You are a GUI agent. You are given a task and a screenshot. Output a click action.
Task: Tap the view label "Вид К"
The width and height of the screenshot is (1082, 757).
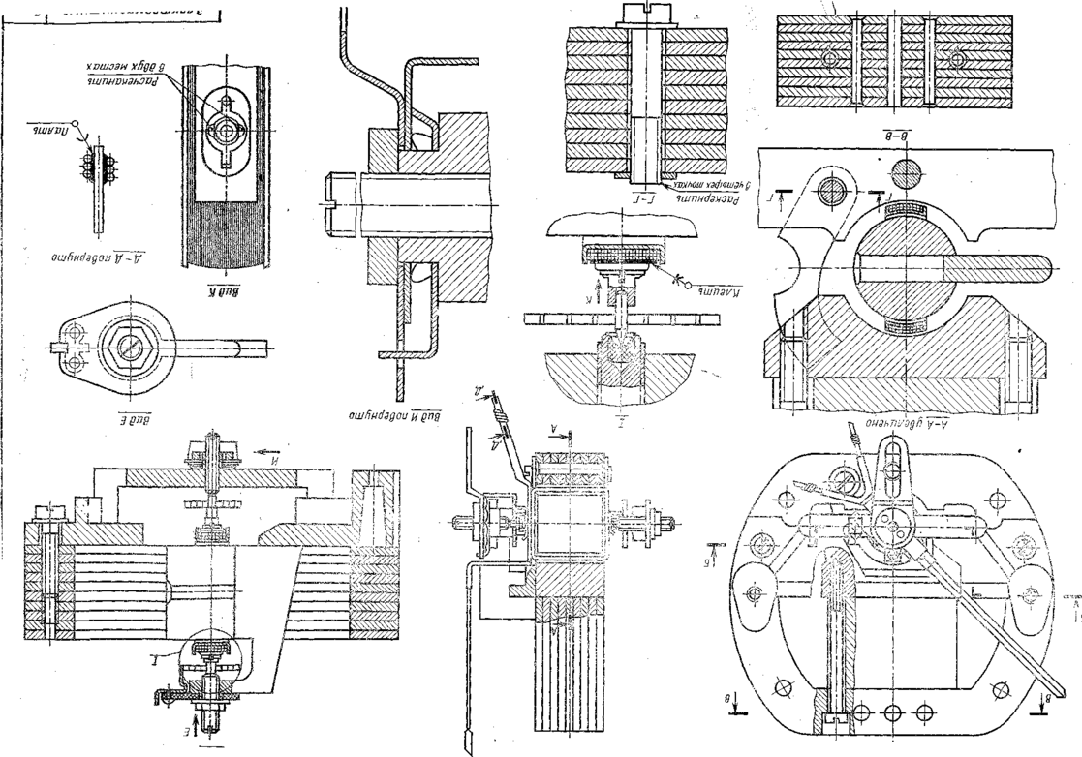[x=225, y=287]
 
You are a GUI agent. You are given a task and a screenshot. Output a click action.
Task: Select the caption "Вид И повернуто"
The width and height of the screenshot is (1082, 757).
[x=394, y=415]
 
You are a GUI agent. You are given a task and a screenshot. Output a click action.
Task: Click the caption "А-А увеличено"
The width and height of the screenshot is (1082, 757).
[x=887, y=429]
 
